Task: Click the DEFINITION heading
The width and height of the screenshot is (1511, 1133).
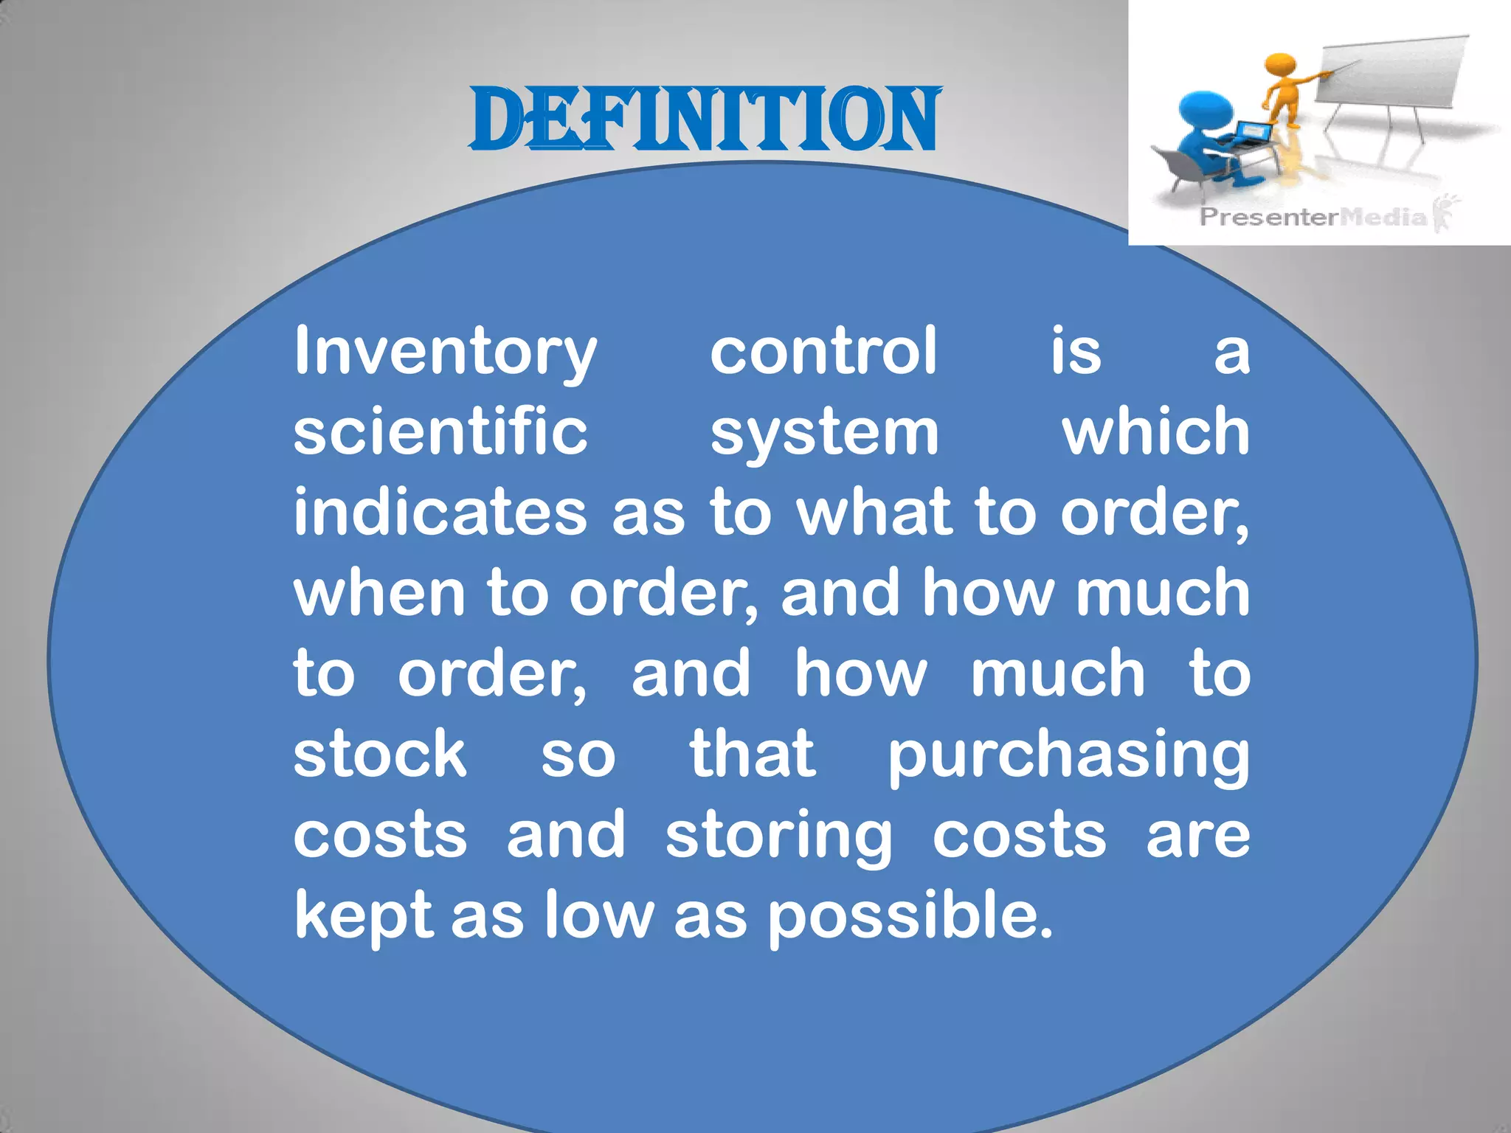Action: pyautogui.click(x=705, y=120)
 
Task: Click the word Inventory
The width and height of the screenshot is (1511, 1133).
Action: pyautogui.click(x=445, y=353)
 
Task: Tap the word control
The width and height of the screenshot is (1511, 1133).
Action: pyautogui.click(x=823, y=351)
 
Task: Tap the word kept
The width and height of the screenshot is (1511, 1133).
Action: pyautogui.click(x=363, y=917)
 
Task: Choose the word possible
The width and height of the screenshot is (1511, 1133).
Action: pyautogui.click(x=909, y=917)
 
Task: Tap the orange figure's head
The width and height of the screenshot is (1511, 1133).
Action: pyautogui.click(x=1280, y=66)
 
